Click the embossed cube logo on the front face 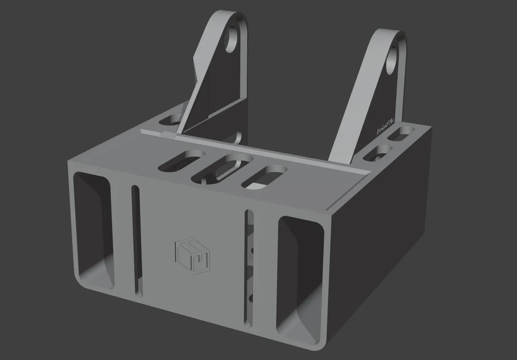(193, 257)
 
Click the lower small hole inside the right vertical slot (251, 298)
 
